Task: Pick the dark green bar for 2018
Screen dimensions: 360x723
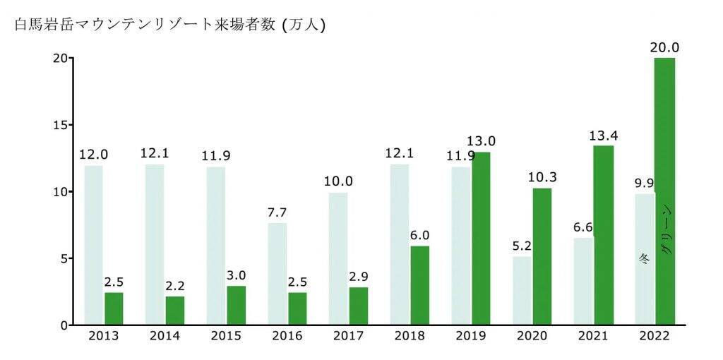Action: (x=419, y=285)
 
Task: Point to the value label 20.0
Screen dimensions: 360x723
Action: (x=664, y=47)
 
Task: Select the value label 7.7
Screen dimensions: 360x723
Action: (x=277, y=212)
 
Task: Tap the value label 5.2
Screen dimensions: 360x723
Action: (x=522, y=245)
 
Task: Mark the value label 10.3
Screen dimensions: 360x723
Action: (x=542, y=177)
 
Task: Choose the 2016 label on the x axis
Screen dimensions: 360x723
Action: (x=287, y=336)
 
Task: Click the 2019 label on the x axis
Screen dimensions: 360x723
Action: (x=470, y=336)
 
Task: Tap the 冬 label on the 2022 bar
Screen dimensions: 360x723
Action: (x=644, y=258)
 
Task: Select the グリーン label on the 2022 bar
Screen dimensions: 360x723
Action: (x=667, y=230)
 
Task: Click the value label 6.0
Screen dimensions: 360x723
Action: (x=420, y=235)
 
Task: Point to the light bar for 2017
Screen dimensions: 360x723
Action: (x=337, y=258)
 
